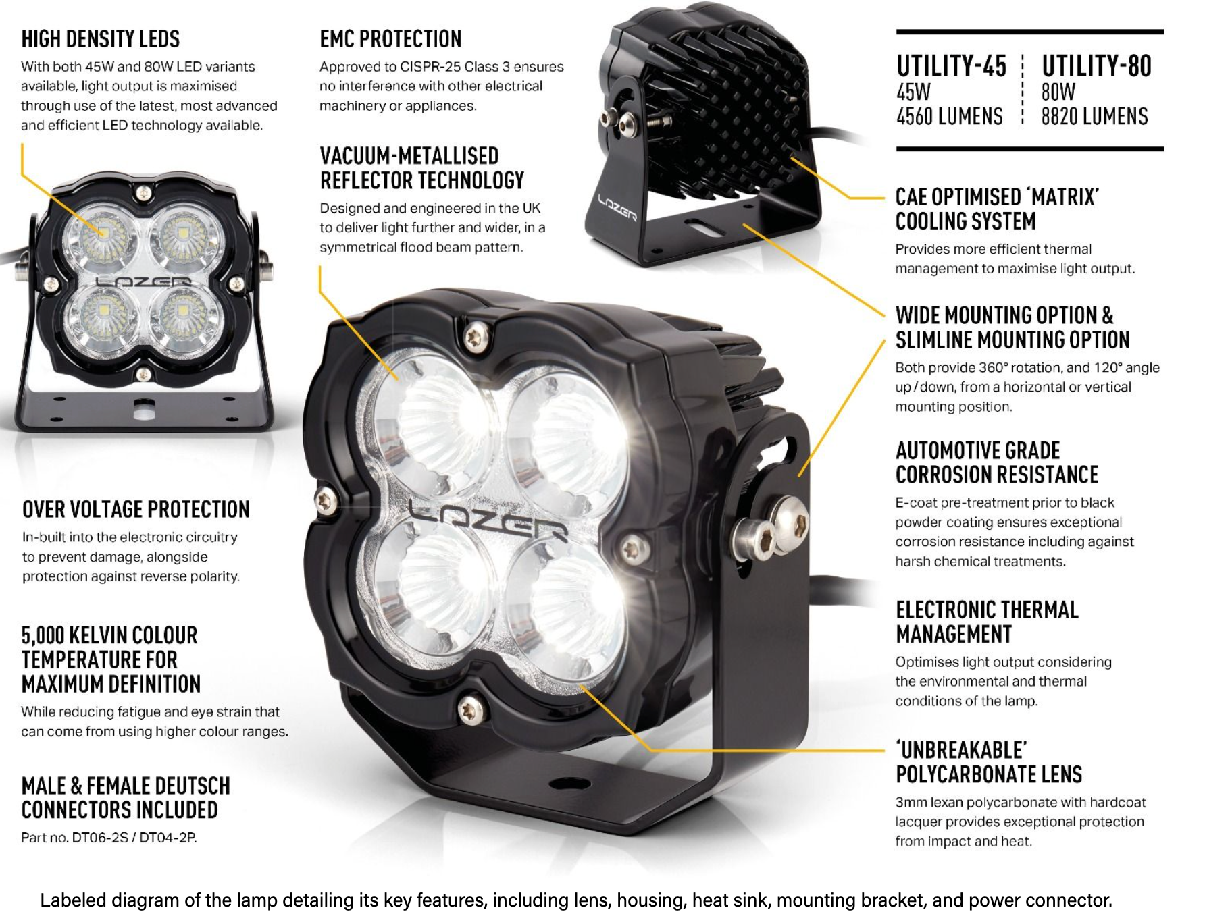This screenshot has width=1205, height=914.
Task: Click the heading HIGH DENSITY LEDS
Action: point(101,39)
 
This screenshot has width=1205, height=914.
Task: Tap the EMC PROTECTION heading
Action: point(390,39)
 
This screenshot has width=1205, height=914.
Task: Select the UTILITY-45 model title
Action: point(951,66)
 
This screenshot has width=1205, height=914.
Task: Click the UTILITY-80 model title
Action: point(1096,66)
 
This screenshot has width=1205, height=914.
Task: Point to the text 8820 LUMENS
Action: point(1094,116)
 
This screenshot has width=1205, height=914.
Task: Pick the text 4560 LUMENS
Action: point(950,116)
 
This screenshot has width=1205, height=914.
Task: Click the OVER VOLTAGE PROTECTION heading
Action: point(136,509)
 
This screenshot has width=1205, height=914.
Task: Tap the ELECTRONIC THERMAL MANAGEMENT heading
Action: point(987,622)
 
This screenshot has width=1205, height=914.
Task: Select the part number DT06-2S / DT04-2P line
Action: point(109,838)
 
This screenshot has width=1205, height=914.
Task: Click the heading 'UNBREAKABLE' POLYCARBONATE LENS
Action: point(989,762)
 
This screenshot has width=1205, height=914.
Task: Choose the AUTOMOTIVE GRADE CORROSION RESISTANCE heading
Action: point(997,462)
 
